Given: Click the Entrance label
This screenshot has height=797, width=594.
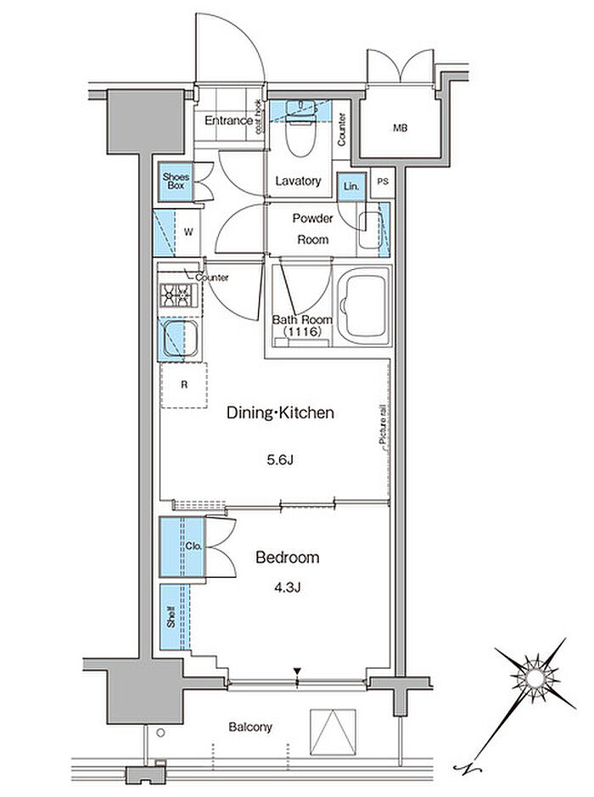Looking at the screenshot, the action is click(x=228, y=121).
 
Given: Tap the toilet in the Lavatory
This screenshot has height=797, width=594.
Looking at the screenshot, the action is click(x=300, y=128).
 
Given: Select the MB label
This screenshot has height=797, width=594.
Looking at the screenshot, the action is click(x=400, y=128).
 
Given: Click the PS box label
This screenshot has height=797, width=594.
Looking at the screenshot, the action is click(x=383, y=181).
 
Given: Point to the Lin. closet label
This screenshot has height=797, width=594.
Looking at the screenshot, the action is click(x=351, y=187).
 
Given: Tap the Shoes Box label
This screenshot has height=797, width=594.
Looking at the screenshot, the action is click(x=176, y=182).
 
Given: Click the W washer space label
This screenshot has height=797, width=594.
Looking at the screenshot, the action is click(x=188, y=233).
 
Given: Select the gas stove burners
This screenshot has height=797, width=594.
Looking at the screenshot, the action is click(x=179, y=295).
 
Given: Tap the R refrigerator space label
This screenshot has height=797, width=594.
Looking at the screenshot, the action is click(x=184, y=384).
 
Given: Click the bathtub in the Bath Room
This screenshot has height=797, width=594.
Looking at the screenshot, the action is click(x=363, y=306).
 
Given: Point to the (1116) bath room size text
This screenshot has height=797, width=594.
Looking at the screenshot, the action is click(x=302, y=332).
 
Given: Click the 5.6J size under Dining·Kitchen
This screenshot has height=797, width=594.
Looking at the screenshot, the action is click(x=280, y=461).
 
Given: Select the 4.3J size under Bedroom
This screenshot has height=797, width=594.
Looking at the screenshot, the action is click(x=288, y=588).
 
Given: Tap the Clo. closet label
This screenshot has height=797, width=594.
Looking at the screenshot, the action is click(x=193, y=547).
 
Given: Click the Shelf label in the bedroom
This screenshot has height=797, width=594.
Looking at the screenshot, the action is click(x=171, y=616).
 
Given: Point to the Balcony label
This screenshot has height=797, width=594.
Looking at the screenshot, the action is click(x=250, y=727).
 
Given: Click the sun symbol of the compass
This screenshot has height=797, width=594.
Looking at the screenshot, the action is click(x=535, y=678).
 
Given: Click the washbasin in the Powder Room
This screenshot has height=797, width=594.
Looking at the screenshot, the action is click(x=371, y=222).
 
